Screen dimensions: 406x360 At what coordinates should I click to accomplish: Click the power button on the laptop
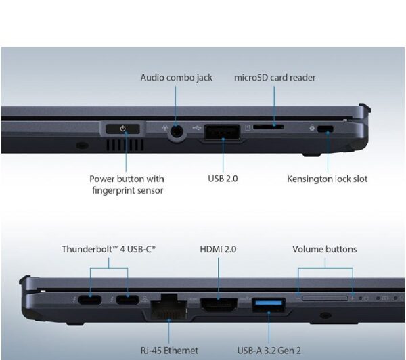[122, 129]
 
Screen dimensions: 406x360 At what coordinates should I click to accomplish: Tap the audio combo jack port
[177, 131]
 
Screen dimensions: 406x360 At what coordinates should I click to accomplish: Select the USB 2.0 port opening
[222, 132]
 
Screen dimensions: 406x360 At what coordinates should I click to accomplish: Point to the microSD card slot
[268, 127]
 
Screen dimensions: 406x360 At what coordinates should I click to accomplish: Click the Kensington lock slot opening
[325, 129]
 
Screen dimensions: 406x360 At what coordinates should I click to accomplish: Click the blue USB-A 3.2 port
[269, 305]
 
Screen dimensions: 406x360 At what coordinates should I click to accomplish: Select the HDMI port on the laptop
[219, 305]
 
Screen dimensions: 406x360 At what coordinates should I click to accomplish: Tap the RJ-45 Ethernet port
[168, 308]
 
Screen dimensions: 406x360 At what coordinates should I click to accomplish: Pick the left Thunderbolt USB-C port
[90, 300]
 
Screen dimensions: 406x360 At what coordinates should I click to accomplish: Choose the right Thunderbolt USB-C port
[127, 300]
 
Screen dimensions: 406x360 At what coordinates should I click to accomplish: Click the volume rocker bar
[325, 298]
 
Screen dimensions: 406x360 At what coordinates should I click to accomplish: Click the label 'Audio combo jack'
[177, 77]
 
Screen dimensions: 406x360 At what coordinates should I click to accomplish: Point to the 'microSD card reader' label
[275, 77]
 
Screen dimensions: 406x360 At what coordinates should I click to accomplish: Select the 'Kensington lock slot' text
[328, 179]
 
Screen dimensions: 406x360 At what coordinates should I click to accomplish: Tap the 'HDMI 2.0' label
[218, 249]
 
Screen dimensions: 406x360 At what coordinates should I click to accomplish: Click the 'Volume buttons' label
[324, 249]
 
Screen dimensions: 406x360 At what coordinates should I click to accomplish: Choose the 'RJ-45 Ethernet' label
[169, 351]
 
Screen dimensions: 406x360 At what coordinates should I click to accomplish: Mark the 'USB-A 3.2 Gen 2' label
[269, 351]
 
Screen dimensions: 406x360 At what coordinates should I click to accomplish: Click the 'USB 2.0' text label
[223, 179]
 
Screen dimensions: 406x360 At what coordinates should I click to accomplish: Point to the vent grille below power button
[125, 145]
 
